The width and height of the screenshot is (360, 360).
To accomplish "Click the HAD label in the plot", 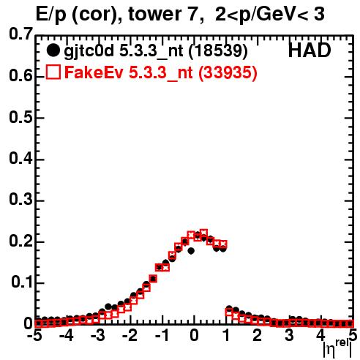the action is click(310, 50).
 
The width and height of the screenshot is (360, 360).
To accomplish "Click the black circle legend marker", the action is click(53, 50).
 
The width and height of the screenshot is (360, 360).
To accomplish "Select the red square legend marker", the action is click(53, 72).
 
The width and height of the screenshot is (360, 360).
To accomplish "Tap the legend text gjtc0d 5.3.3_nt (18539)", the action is click(156, 51).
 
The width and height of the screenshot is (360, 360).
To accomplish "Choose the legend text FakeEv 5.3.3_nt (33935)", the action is click(161, 72).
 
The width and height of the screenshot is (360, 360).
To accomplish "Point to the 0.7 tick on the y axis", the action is click(20, 34).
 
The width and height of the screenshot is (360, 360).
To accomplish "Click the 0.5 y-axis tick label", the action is click(20, 117).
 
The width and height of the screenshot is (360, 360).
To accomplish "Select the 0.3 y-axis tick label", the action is click(20, 200).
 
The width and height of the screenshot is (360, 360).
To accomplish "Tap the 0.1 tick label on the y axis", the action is click(22, 282).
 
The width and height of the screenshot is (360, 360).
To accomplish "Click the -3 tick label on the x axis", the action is click(99, 335).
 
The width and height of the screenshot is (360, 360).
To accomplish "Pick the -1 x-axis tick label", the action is click(162, 335).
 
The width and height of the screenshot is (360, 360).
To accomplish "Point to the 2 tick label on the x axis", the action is click(257, 335).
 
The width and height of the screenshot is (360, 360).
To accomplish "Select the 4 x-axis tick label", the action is click(320, 335).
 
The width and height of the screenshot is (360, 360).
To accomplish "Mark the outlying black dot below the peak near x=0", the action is click(191, 250).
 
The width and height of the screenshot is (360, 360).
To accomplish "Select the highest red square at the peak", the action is click(203, 233).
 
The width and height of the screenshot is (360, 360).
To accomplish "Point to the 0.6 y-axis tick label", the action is click(20, 76).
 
